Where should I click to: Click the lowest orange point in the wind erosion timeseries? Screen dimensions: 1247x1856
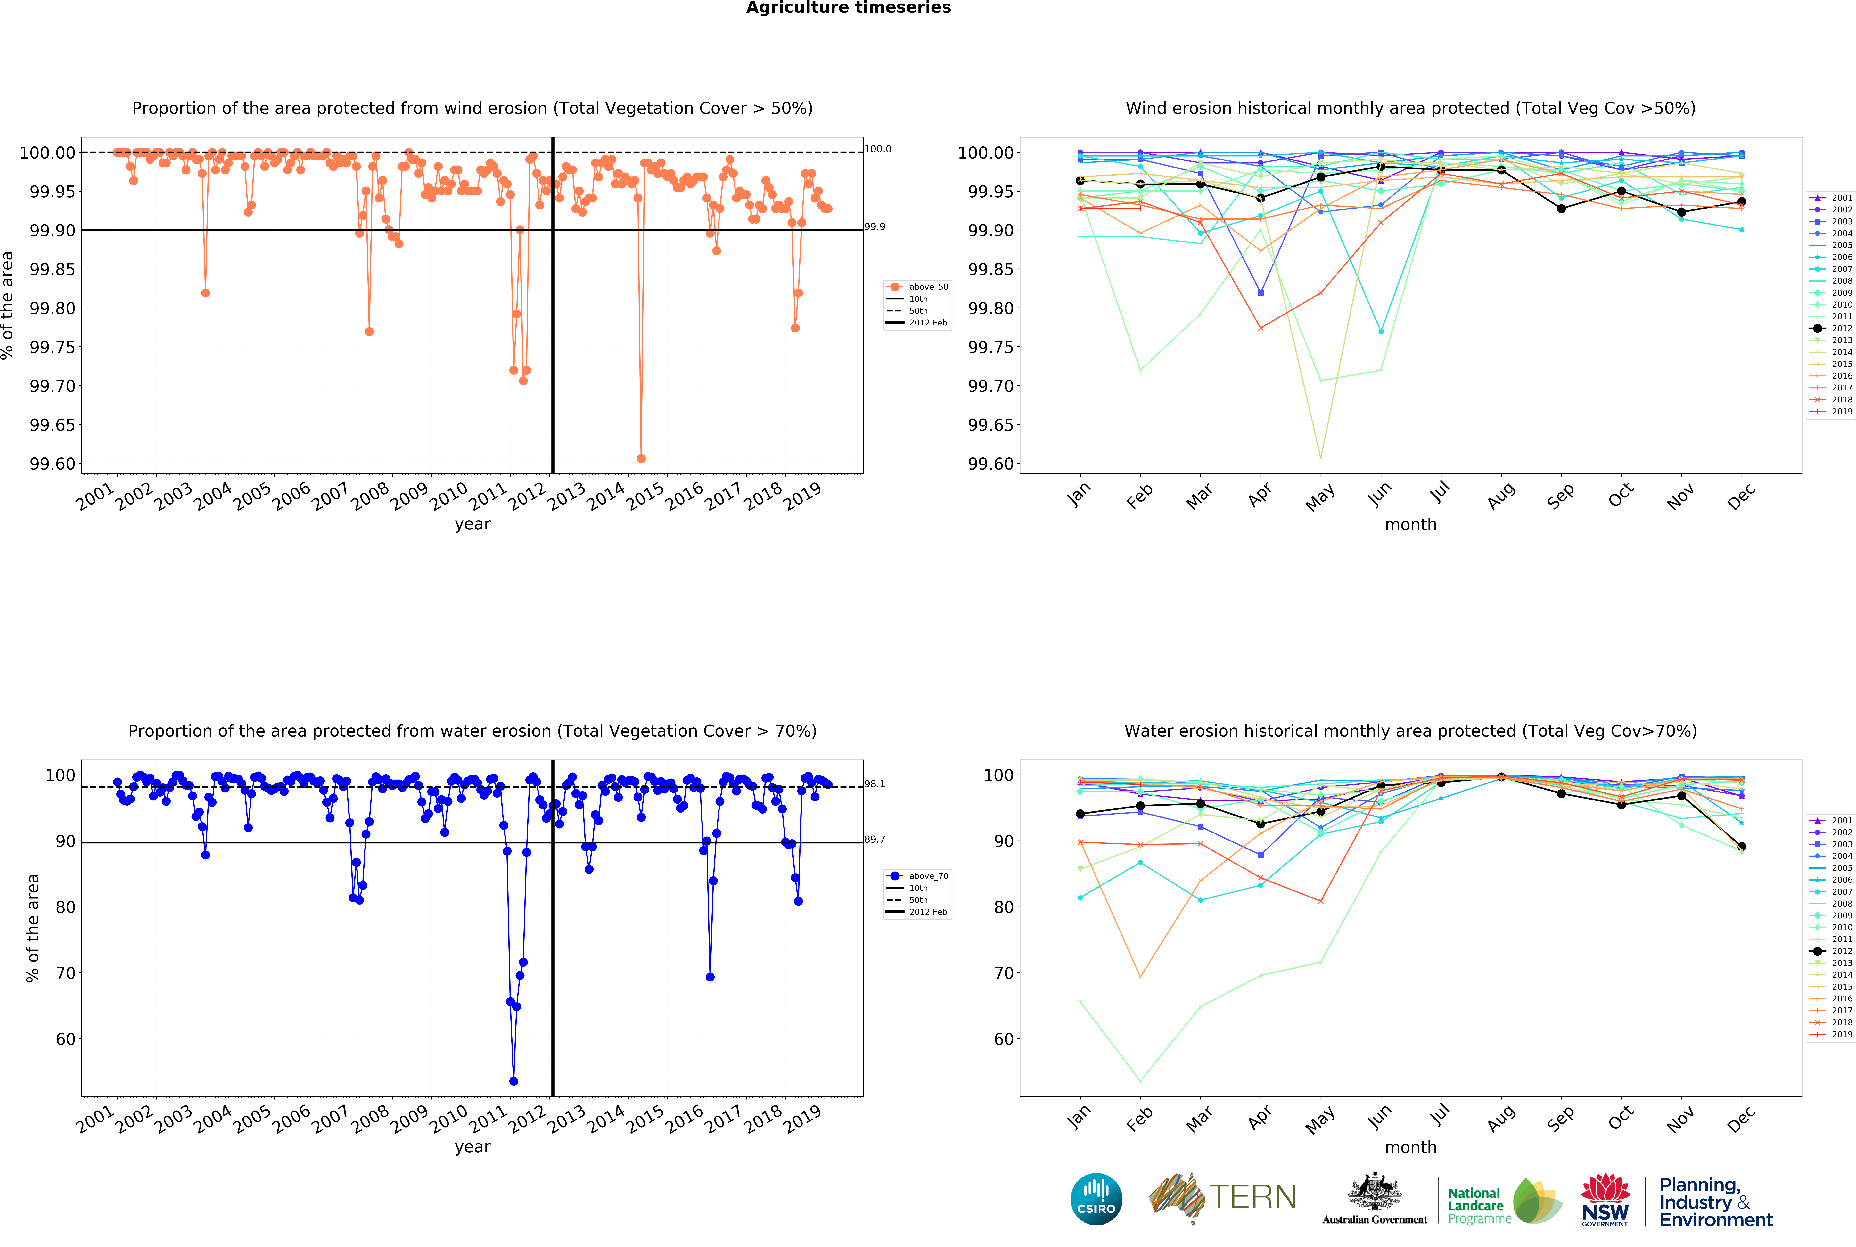pyautogui.click(x=641, y=458)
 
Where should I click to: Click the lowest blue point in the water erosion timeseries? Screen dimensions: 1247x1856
pyautogui.click(x=514, y=1081)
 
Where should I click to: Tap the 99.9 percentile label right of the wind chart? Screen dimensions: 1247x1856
pyautogui.click(x=875, y=227)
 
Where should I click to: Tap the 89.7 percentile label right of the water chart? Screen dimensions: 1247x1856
pyautogui.click(x=875, y=839)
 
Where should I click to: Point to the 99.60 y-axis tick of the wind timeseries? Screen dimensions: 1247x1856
pyautogui.click(x=53, y=464)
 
